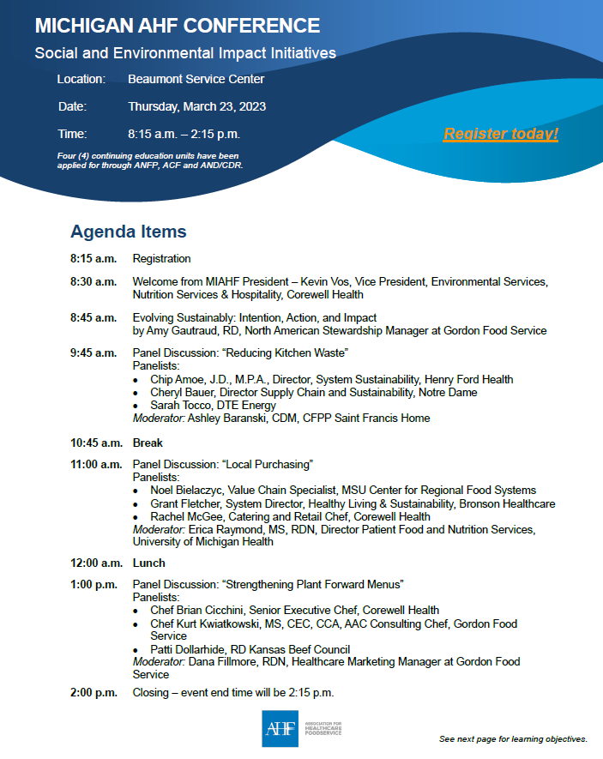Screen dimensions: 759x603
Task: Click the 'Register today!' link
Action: point(501,134)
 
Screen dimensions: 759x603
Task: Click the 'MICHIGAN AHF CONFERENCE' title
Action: point(178,26)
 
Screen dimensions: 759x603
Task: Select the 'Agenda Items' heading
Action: point(128,232)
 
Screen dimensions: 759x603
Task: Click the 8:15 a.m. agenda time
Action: point(93,258)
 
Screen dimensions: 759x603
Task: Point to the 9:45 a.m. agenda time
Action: point(93,352)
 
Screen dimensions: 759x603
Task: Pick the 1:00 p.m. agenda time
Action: point(93,585)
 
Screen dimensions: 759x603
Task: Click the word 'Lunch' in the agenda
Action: point(149,563)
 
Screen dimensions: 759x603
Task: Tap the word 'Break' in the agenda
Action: point(148,443)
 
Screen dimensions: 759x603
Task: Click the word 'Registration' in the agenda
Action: point(161,258)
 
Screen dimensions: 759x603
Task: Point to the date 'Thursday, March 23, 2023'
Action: point(196,106)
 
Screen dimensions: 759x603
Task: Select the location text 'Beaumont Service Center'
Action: point(196,79)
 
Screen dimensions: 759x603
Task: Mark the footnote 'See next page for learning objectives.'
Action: point(513,738)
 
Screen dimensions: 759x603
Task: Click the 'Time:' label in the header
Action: point(72,134)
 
